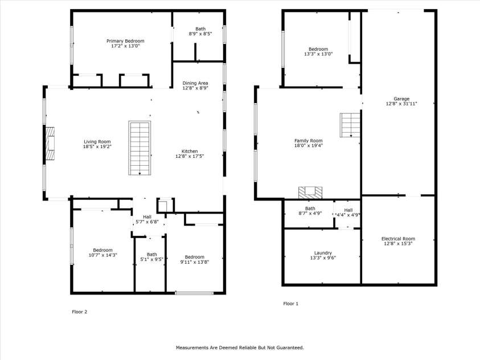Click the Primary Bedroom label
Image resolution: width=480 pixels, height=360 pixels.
pyautogui.click(x=125, y=41)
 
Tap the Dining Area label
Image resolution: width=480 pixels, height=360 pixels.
pyautogui.click(x=195, y=83)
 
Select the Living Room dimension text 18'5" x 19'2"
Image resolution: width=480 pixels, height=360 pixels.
pyautogui.click(x=97, y=146)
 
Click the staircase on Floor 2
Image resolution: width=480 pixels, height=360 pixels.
pyautogui.click(x=140, y=148)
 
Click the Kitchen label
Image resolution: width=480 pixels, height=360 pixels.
pyautogui.click(x=190, y=152)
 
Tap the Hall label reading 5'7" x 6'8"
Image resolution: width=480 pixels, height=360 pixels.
pyautogui.click(x=147, y=217)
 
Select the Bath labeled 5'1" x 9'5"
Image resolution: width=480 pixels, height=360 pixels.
pyautogui.click(x=151, y=255)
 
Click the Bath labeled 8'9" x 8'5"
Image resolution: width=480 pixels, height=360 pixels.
pyautogui.click(x=200, y=29)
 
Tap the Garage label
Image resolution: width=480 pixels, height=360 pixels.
pyautogui.click(x=397, y=99)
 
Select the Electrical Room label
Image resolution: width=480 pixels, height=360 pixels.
pyautogui.click(x=398, y=239)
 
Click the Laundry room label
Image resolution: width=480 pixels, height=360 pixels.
pyautogui.click(x=322, y=253)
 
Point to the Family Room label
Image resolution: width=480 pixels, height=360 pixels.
pyautogui.click(x=308, y=141)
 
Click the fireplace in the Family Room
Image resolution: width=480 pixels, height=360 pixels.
pyautogui.click(x=311, y=192)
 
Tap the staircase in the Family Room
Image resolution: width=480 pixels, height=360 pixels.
pyautogui.click(x=350, y=125)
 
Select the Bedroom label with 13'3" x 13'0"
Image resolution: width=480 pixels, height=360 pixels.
pyautogui.click(x=318, y=50)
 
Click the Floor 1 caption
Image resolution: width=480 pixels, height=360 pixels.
pyautogui.click(x=290, y=304)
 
